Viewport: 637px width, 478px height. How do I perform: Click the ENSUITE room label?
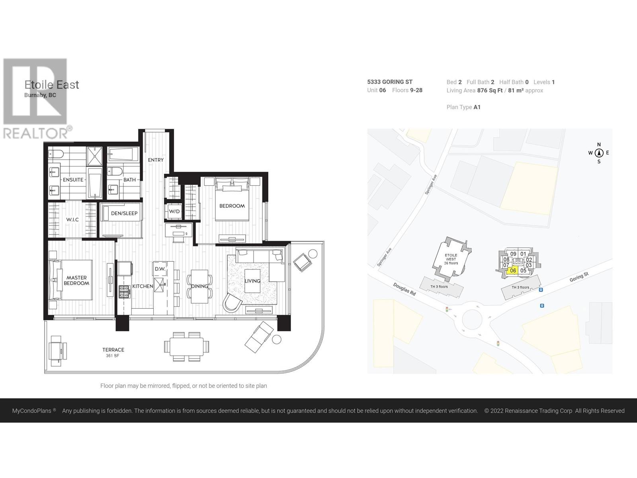click(73, 180)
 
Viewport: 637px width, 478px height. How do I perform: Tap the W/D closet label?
click(174, 211)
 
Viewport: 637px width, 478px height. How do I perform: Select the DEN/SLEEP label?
click(124, 213)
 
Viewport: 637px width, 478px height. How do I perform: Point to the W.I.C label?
click(72, 219)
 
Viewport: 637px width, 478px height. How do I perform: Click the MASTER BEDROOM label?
click(76, 280)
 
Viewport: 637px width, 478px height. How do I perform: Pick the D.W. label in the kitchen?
click(160, 269)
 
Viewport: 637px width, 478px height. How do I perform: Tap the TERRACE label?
click(113, 350)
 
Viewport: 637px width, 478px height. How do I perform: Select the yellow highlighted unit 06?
click(513, 270)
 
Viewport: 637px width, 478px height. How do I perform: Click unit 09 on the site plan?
click(513, 254)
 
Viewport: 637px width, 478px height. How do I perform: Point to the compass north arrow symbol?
click(599, 153)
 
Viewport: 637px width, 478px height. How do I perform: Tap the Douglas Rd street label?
click(404, 289)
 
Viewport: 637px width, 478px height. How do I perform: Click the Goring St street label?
click(579, 277)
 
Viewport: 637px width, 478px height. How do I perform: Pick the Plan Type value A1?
click(477, 107)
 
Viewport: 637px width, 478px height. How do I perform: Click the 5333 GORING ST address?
click(390, 82)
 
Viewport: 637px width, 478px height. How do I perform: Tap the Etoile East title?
click(52, 85)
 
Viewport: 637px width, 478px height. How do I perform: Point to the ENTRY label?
click(156, 160)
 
